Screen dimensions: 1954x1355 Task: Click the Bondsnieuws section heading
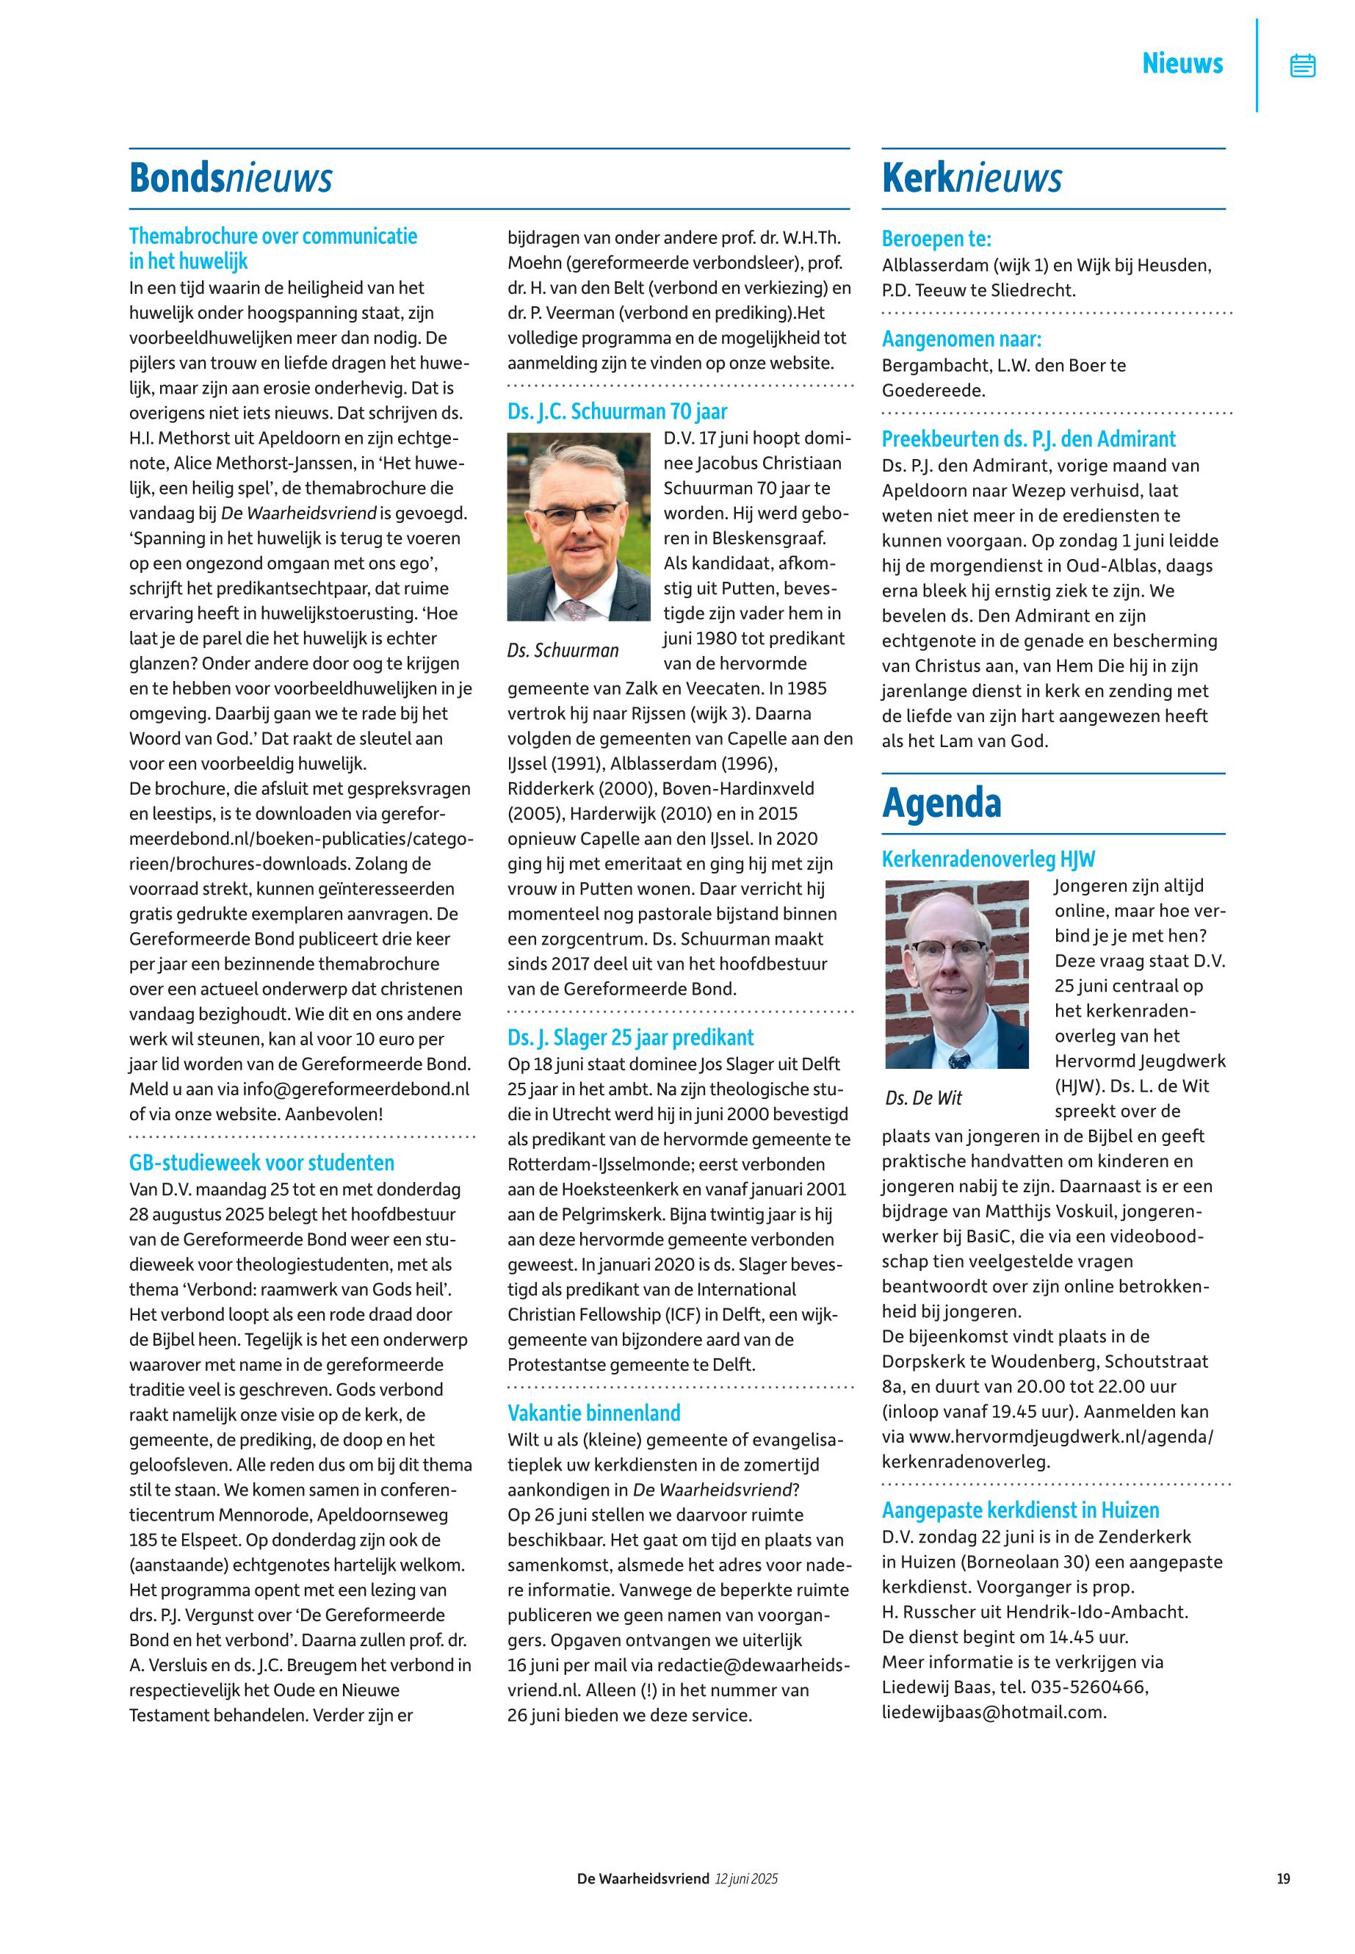pos(231,179)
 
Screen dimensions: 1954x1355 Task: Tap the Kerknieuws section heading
pos(972,179)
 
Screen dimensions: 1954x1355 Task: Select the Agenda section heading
pos(942,804)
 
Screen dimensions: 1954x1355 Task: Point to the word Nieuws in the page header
pos(1182,64)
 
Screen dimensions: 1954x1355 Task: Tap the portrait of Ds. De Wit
pos(957,974)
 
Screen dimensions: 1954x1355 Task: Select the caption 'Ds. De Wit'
pos(924,1098)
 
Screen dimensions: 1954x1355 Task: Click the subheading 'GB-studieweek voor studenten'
pos(261,1163)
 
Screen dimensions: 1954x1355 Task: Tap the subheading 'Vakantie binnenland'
pos(594,1413)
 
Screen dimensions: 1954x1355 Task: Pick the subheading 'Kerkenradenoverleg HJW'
pos(989,859)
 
